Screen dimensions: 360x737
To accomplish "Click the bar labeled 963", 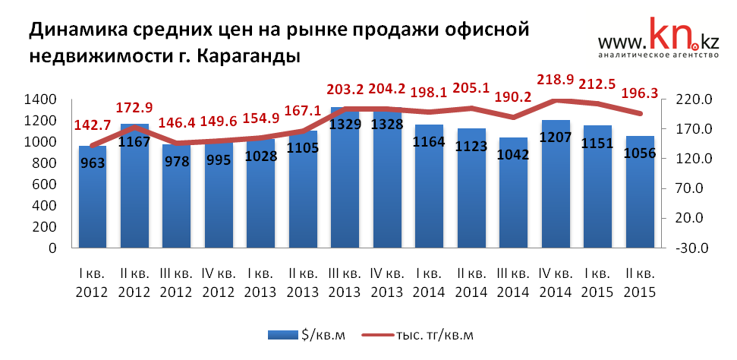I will [93, 197].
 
